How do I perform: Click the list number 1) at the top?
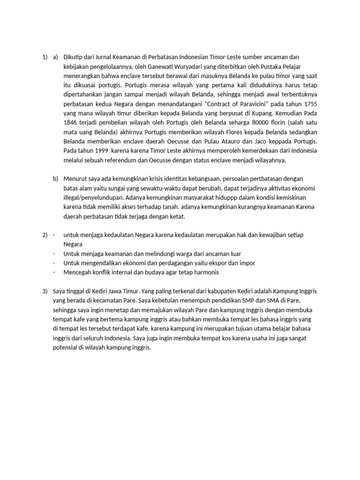[45, 57]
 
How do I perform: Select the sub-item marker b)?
[56, 179]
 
